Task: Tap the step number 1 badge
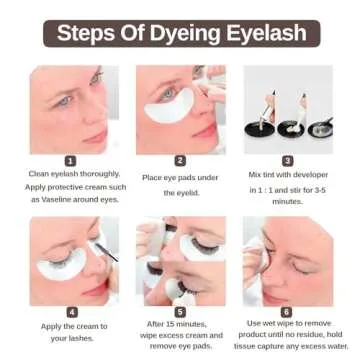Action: click(71, 160)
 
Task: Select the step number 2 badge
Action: click(180, 160)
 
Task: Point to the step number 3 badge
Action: click(289, 160)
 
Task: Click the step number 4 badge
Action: click(71, 311)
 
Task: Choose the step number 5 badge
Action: click(180, 311)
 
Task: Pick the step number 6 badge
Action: click(289, 311)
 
